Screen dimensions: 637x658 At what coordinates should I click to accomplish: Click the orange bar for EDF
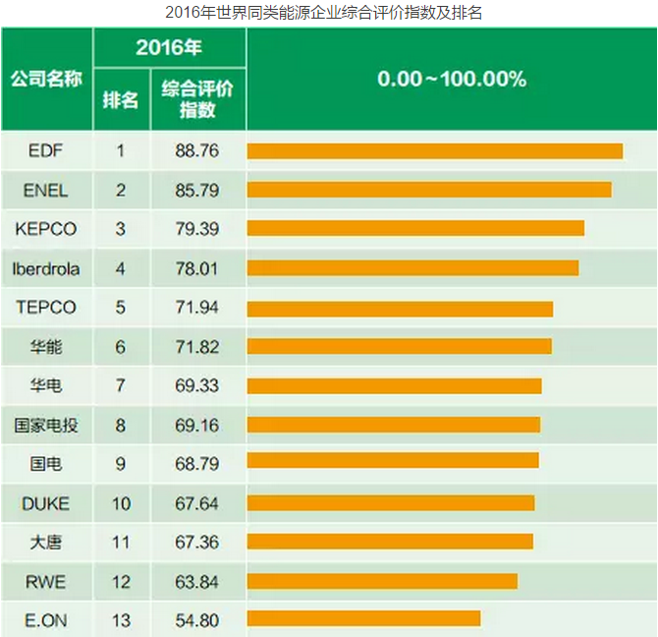(434, 150)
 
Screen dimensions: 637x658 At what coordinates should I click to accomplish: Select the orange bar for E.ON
(363, 618)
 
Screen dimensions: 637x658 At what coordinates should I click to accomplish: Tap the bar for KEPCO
(415, 228)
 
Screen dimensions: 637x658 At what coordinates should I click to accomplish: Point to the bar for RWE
(382, 580)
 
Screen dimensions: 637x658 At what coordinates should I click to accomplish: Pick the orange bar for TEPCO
(400, 308)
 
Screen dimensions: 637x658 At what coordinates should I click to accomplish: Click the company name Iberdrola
(46, 267)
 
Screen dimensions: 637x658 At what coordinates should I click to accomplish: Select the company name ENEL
(46, 190)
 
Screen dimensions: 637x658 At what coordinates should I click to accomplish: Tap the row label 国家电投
(46, 425)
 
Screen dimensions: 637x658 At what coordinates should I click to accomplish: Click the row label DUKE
(46, 503)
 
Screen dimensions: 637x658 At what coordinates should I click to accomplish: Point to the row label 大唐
(46, 542)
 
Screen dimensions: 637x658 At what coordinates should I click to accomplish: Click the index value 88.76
(196, 150)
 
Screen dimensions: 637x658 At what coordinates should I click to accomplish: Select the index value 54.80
(196, 619)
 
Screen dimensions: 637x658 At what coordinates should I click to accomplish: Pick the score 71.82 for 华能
(196, 346)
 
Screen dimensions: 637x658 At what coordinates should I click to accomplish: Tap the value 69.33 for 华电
(196, 385)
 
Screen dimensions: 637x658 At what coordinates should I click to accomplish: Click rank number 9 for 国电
(121, 464)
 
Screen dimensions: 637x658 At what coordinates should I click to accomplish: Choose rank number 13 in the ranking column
(121, 619)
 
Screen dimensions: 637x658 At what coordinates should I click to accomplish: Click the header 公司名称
(46, 79)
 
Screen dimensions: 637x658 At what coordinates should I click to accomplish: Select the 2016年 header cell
(169, 46)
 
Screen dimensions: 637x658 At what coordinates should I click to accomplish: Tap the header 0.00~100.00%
(452, 79)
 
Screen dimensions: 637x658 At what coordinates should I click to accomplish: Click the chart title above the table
(328, 13)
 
